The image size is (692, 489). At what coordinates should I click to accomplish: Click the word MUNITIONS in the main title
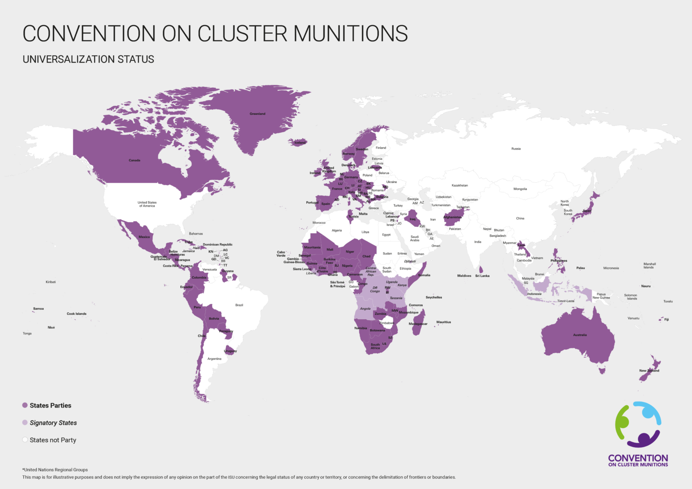click(x=351, y=34)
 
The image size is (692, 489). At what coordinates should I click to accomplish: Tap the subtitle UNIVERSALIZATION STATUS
click(x=88, y=59)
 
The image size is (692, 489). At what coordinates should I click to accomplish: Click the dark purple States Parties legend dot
click(x=25, y=405)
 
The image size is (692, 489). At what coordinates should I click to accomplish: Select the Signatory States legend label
click(x=53, y=423)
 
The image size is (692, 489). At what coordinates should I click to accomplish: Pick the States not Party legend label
click(x=53, y=440)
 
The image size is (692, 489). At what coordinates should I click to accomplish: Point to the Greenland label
click(x=257, y=114)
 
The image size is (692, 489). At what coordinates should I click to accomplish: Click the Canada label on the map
click(x=134, y=160)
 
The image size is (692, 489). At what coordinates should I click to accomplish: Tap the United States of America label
click(x=147, y=204)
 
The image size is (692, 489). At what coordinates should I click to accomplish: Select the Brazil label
click(x=239, y=305)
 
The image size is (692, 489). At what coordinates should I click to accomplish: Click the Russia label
click(x=516, y=149)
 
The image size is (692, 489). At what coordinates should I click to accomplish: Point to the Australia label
click(x=580, y=335)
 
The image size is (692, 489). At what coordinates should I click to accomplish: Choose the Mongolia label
click(x=520, y=189)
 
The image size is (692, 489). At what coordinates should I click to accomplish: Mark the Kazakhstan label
click(x=460, y=186)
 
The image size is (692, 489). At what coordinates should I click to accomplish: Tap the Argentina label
click(x=214, y=359)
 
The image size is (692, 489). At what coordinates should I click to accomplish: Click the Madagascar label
click(x=418, y=324)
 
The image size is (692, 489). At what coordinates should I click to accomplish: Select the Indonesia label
click(x=534, y=294)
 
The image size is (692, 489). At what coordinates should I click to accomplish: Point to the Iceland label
click(x=300, y=142)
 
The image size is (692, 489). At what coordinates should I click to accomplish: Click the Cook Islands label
click(x=77, y=314)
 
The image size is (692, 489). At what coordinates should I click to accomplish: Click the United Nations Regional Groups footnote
click(x=55, y=470)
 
